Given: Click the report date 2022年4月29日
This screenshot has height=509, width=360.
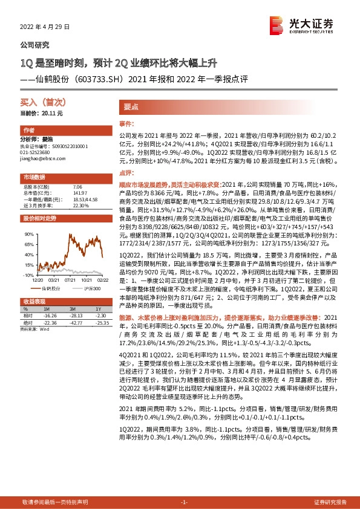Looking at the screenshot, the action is [x=41, y=27].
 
